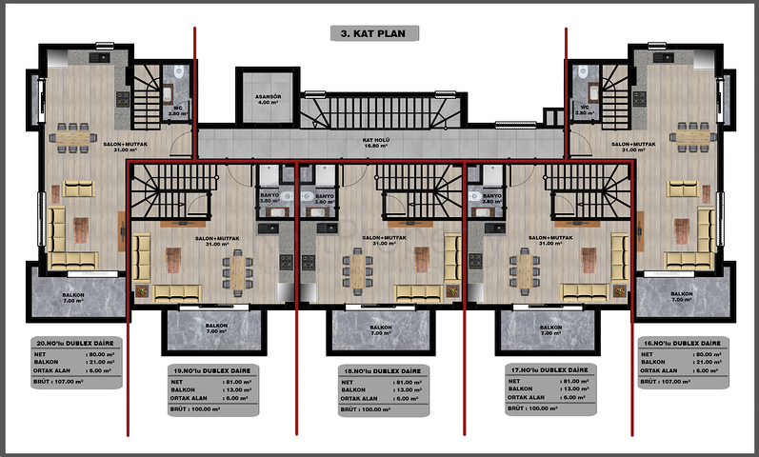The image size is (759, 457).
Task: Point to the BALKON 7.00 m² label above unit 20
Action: point(73,298)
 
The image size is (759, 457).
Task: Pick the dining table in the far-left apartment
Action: point(67,137)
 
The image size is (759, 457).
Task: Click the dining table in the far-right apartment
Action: point(690,137)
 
